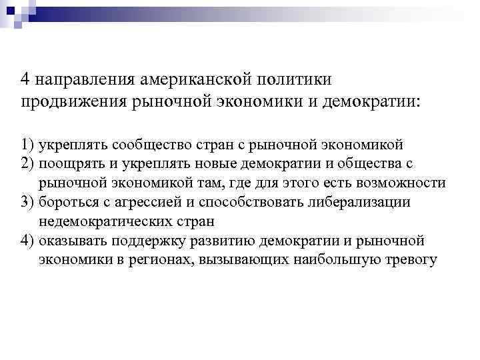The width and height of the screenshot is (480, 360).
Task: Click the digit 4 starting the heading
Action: (25, 80)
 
